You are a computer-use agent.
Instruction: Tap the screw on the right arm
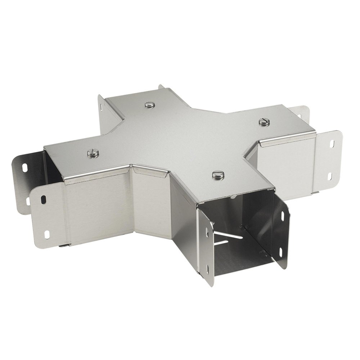click(x=264, y=122)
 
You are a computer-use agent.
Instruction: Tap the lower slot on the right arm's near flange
click(x=330, y=176)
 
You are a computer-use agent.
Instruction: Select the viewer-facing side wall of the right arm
click(x=286, y=162)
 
